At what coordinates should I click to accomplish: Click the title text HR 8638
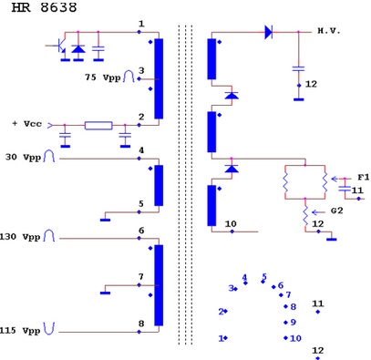tap(44, 7)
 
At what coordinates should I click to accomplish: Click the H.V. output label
tap(329, 31)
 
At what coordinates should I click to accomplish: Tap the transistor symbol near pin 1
tap(60, 46)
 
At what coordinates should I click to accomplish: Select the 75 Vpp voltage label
tap(103, 77)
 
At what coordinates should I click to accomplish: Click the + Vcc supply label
tap(27, 124)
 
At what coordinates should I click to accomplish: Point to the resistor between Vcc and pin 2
tap(98, 126)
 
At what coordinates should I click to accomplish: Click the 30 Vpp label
tap(23, 158)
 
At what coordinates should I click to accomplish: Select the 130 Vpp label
tap(20, 237)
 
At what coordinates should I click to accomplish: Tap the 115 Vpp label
tap(20, 330)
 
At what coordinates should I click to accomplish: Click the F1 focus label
tap(363, 177)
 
